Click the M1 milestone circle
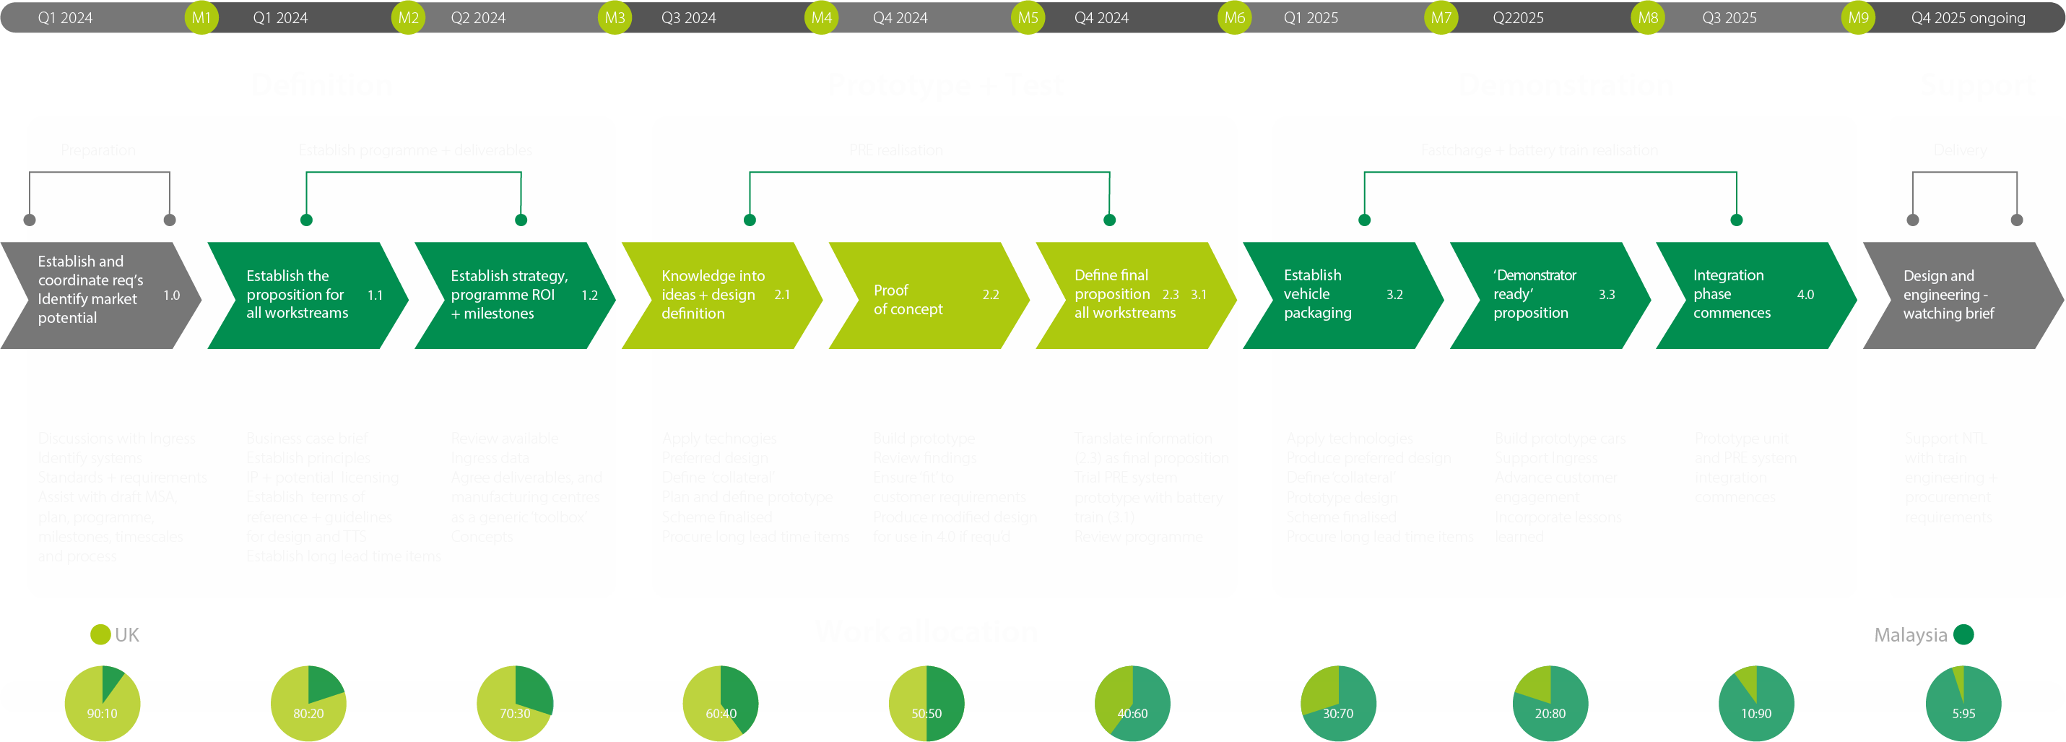201,17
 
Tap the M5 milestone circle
1028,17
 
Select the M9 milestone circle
1858,17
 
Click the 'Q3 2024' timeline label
688,17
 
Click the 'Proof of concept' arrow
922,295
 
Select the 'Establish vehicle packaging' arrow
1335,295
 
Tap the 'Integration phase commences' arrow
1748,295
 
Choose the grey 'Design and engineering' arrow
1957,295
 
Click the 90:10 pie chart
103,703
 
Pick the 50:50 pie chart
926,703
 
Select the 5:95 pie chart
1963,703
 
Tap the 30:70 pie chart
1338,703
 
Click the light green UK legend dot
100,634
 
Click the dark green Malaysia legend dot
1963,634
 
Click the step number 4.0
1805,294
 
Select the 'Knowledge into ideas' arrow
713,295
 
